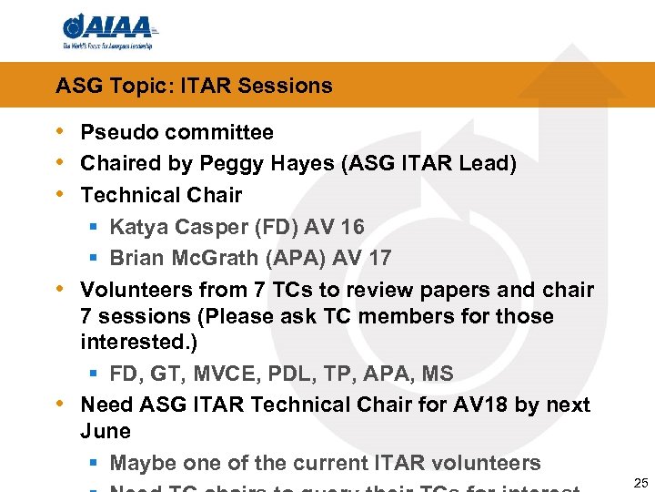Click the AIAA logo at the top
(x=108, y=29)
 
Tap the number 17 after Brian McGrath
(x=378, y=259)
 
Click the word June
(x=106, y=431)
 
